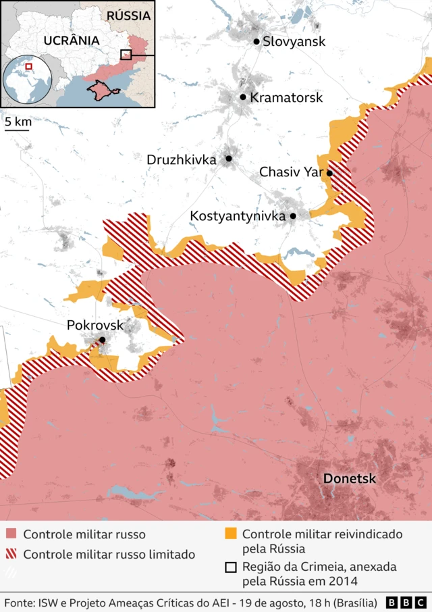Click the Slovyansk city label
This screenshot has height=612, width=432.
click(x=294, y=42)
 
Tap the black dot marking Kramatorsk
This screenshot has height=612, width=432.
click(x=243, y=97)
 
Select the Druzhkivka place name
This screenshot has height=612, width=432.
click(x=181, y=160)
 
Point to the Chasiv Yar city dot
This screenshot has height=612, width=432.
click(x=329, y=173)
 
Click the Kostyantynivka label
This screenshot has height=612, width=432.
click(x=238, y=216)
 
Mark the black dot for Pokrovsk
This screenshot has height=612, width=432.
click(x=102, y=340)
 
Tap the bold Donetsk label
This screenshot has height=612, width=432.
click(x=349, y=479)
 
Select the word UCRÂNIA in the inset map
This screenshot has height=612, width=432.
click(x=71, y=41)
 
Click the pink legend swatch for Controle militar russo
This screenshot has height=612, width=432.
click(x=11, y=534)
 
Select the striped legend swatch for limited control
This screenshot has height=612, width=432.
click(x=11, y=555)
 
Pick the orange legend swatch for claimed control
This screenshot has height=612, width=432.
click(x=230, y=534)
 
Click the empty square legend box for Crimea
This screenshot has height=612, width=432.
click(x=230, y=567)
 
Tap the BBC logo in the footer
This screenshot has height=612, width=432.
click(x=406, y=602)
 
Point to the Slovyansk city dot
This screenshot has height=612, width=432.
click(x=256, y=42)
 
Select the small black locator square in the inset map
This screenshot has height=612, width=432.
click(x=126, y=55)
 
